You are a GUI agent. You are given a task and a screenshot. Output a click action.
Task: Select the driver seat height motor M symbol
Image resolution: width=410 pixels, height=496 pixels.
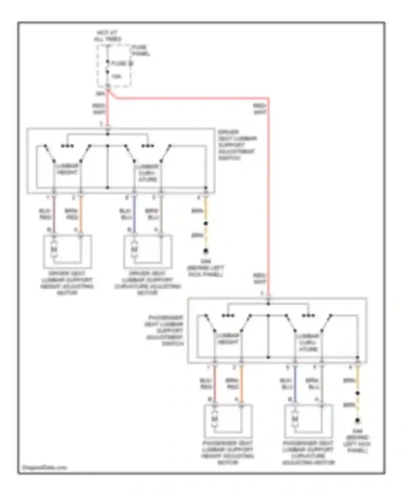(x=54, y=249)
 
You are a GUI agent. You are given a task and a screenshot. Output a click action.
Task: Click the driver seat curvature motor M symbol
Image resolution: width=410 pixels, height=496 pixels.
(x=134, y=249)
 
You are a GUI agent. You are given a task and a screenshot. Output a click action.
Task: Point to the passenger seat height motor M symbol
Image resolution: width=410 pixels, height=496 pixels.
(x=215, y=419)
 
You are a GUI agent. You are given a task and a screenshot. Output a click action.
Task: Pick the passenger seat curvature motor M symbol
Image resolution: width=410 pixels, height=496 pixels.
(x=295, y=419)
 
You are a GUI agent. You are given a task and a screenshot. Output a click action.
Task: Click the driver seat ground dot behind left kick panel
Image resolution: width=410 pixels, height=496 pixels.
(x=206, y=250)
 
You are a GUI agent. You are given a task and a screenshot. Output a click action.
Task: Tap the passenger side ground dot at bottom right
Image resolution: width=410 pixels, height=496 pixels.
(x=357, y=420)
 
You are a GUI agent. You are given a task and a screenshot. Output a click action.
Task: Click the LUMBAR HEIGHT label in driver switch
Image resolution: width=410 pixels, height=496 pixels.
(x=67, y=169)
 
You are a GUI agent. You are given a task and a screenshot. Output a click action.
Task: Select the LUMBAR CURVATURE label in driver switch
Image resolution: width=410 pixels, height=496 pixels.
(x=148, y=173)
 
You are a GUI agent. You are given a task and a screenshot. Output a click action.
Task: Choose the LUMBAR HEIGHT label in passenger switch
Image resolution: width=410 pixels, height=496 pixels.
(x=228, y=339)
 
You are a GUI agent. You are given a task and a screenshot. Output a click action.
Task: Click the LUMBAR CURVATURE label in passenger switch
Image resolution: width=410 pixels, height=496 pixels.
(x=308, y=342)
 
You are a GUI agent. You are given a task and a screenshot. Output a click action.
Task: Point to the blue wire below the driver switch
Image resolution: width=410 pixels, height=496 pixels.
(x=134, y=215)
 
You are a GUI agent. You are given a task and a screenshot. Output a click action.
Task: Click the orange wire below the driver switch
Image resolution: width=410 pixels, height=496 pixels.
(x=81, y=215)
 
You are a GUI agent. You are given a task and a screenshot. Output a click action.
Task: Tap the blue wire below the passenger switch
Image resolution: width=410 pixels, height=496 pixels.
(x=295, y=384)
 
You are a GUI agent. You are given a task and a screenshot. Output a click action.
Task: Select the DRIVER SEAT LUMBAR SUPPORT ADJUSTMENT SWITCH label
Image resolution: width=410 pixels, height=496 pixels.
(x=237, y=145)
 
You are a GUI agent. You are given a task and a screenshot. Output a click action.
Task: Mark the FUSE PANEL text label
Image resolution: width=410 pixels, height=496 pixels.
(x=141, y=51)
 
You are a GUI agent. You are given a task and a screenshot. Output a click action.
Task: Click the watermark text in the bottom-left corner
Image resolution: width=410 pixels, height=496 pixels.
(x=44, y=467)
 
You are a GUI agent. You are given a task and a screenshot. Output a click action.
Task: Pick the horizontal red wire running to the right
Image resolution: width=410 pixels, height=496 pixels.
(x=191, y=98)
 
